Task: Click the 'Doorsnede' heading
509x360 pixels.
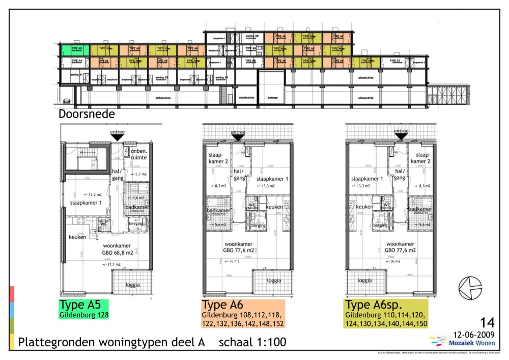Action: pyautogui.click(x=87, y=114)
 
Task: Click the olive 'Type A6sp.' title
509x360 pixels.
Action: pyautogui.click(x=374, y=304)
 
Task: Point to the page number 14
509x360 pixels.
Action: pyautogui.click(x=487, y=322)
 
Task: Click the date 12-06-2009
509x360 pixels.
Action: pyautogui.click(x=474, y=335)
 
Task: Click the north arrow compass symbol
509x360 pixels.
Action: pyautogui.click(x=470, y=288)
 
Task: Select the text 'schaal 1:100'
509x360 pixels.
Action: pyautogui.click(x=252, y=343)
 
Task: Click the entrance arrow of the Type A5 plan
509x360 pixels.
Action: pyautogui.click(x=117, y=136)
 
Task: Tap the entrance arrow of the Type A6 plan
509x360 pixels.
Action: pyautogui.click(x=238, y=136)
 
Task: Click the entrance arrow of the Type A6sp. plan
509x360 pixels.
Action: pyautogui.click(x=402, y=136)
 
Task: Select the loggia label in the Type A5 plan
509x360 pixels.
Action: pyautogui.click(x=133, y=285)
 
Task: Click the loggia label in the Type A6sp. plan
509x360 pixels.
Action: pyautogui.click(x=364, y=280)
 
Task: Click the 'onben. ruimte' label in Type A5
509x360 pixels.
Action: pyautogui.click(x=138, y=155)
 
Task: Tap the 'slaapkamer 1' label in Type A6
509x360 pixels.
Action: pyautogui.click(x=272, y=179)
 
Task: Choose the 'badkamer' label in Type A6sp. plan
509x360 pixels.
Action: pyautogui.click(x=420, y=209)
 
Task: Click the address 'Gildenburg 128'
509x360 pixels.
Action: pyautogui.click(x=84, y=315)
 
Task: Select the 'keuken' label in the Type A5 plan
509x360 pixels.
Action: pyautogui.click(x=77, y=237)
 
